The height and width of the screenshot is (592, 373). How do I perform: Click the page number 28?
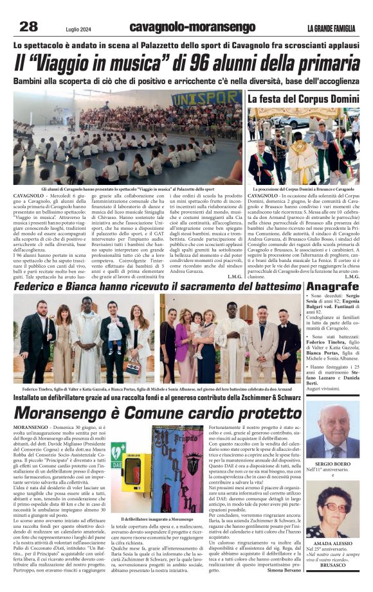[x=28, y=26]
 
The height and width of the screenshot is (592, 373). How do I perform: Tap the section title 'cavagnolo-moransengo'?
[x=183, y=27]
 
